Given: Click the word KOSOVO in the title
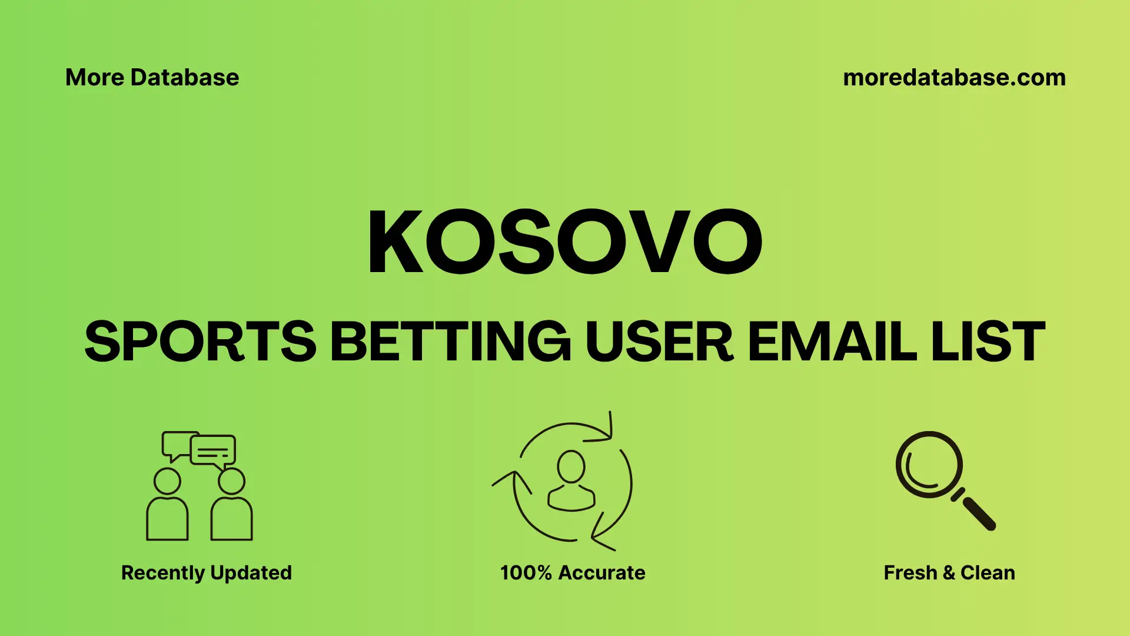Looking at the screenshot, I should tap(565, 241).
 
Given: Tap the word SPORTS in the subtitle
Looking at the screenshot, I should tap(200, 342).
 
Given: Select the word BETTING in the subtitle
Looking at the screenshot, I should tap(450, 342).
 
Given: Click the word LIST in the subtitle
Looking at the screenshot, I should tap(988, 342).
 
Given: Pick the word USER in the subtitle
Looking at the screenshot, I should tap(659, 342).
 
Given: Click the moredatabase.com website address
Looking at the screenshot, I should tap(954, 78).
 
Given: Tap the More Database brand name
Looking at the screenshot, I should tap(152, 78).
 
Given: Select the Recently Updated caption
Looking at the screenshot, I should tap(206, 572).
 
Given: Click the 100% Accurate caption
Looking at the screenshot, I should tap(573, 572).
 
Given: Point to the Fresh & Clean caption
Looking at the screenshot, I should tap(949, 572).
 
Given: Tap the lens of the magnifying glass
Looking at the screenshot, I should tap(929, 465).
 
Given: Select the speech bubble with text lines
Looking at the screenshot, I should tap(213, 450).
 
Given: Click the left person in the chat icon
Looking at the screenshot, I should tap(167, 506).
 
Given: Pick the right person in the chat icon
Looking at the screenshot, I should tap(231, 506).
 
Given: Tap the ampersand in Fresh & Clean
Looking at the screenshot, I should tap(949, 572).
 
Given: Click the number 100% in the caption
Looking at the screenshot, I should tap(526, 572).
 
